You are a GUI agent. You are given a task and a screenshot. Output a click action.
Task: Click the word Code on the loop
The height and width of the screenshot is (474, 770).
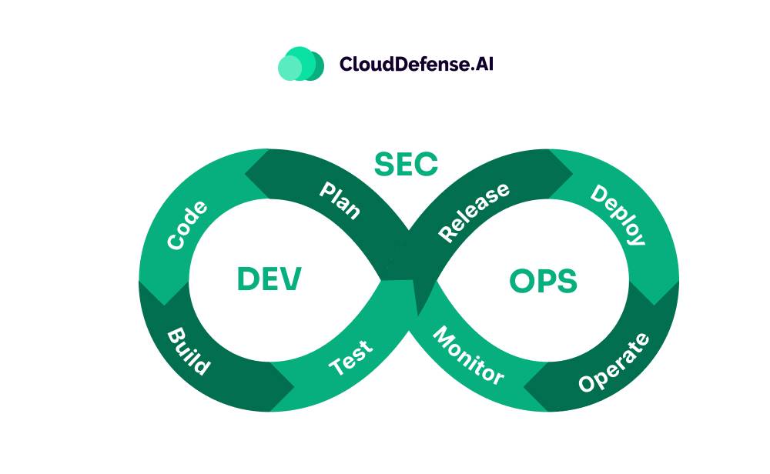tap(187, 225)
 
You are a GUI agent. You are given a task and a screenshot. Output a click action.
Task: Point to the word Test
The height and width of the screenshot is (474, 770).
tap(350, 357)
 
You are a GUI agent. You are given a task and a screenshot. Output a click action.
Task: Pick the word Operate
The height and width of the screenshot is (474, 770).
tap(614, 362)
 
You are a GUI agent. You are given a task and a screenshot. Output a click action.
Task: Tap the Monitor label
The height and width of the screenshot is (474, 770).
tap(468, 355)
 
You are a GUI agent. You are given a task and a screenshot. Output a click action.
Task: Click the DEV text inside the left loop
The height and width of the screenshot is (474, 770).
tap(269, 279)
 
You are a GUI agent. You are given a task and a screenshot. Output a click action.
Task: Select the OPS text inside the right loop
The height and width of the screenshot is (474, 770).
tap(543, 282)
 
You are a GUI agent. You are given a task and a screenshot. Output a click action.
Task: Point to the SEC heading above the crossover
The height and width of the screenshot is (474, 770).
tap(406, 164)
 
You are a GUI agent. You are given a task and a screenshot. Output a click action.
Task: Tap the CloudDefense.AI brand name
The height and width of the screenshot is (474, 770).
tap(416, 64)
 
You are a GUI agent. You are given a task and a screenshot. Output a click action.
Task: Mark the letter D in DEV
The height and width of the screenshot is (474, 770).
tap(248, 279)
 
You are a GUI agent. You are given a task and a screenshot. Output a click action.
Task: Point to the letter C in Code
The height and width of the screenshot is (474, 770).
tap(176, 242)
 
